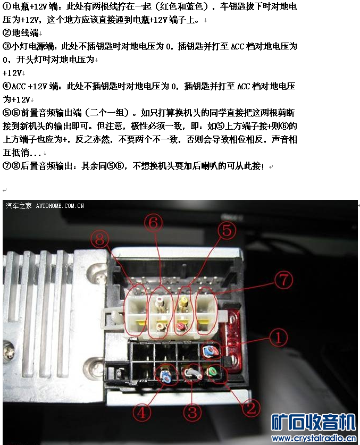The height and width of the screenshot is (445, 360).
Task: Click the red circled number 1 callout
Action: [279, 338]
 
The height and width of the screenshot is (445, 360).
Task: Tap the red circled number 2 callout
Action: [251, 408]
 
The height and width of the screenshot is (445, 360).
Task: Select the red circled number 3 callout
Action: [192, 412]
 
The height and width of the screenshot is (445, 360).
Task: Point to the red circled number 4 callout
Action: [142, 413]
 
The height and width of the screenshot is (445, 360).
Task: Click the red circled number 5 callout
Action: [227, 230]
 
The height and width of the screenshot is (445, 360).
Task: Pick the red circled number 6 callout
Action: [154, 223]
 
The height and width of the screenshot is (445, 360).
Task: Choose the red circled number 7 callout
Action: [283, 280]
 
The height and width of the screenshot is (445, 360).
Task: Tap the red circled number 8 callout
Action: [99, 239]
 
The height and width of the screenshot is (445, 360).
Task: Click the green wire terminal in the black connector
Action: [212, 371]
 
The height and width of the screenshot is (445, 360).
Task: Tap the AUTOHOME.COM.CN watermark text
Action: [60, 206]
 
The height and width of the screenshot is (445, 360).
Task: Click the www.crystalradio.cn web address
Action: [313, 439]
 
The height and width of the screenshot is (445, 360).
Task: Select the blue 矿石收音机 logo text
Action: [313, 423]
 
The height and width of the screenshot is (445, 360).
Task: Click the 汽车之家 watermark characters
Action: [19, 206]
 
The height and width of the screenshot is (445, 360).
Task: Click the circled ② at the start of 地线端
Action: [7, 33]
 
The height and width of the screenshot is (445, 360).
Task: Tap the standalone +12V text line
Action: [12, 73]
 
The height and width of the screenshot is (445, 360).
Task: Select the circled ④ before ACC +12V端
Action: [7, 86]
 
